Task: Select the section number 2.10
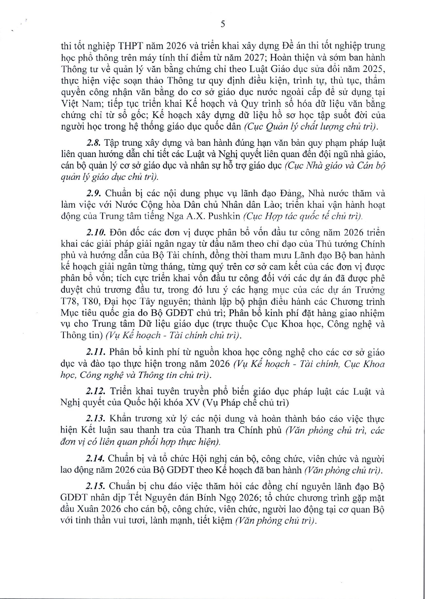click(x=96, y=233)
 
